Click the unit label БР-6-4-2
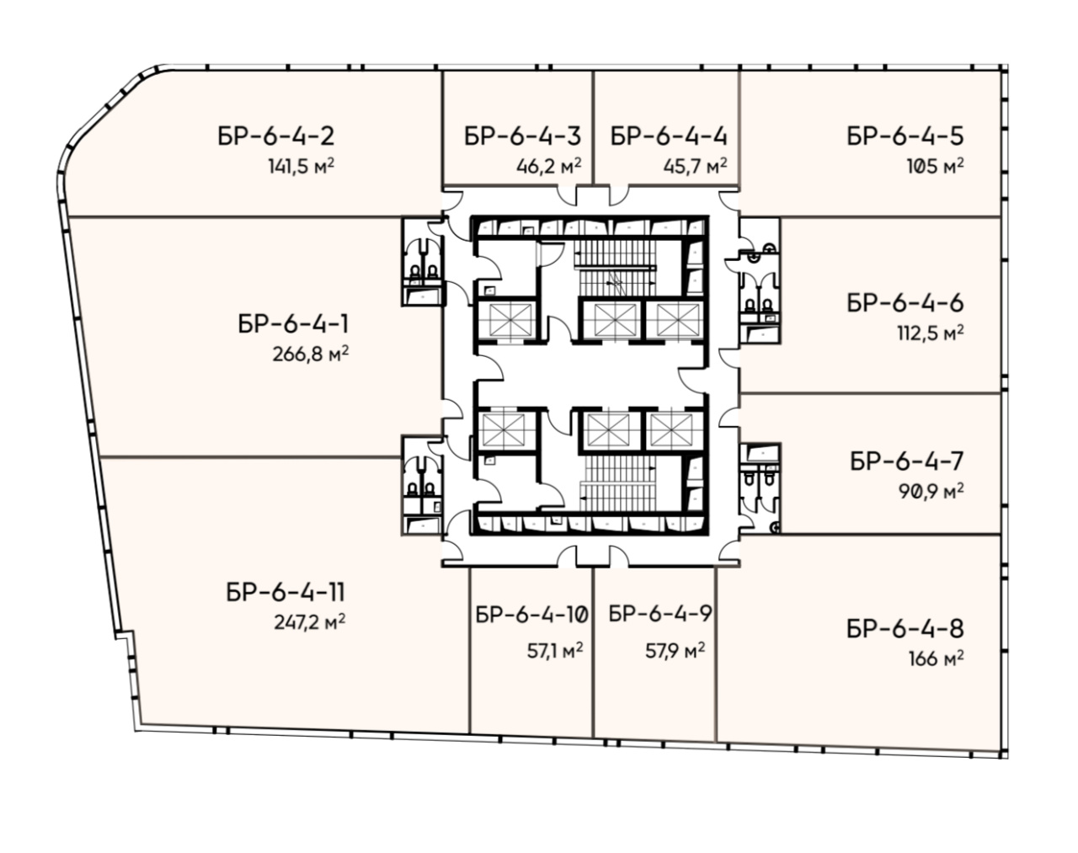coord(276,136)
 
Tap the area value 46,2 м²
coord(549,166)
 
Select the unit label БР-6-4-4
coord(669,136)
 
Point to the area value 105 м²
coord(935,166)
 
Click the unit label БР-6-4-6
coord(905,303)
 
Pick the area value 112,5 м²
coord(931,333)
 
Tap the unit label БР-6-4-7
coord(907,461)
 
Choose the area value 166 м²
coord(937,658)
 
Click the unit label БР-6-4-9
coord(660,614)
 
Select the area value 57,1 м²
coord(555,651)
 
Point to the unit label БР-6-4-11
coord(286,593)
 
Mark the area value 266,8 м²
coord(311,355)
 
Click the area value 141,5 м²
coord(301,166)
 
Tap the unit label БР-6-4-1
coord(294,324)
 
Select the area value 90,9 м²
coord(931,491)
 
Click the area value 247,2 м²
coord(310,622)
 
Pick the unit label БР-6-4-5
coord(905,136)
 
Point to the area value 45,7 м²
coord(696,166)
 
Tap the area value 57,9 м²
coord(675,651)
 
